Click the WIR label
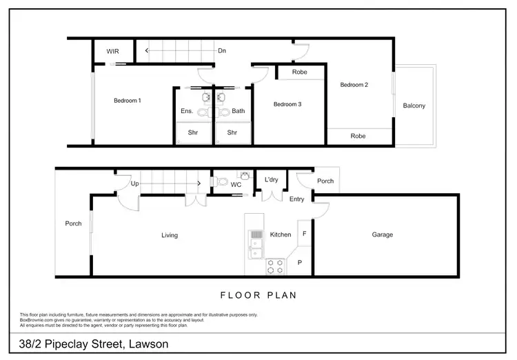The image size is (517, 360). click(113, 52)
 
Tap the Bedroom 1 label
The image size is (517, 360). click(128, 101)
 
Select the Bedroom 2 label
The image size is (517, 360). click(354, 85)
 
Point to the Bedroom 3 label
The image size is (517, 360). click(287, 105)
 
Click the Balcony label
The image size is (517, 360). click(414, 106)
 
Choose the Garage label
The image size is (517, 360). click(383, 234)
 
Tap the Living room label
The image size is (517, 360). click(170, 235)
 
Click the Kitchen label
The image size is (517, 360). click(281, 235)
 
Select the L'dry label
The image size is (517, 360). click(272, 181)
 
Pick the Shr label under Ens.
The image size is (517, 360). click(193, 132)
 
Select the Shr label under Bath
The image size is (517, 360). click(232, 132)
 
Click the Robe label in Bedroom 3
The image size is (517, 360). click(299, 72)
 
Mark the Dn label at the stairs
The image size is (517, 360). click(222, 51)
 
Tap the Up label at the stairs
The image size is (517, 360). click(134, 184)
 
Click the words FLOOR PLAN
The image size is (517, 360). click(258, 295)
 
